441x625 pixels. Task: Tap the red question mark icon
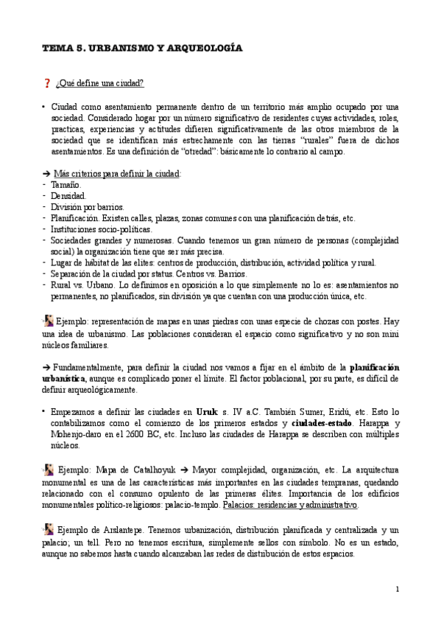47,83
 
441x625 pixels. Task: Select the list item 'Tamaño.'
66,185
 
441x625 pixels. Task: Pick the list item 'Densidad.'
68,196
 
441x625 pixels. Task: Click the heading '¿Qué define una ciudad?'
99,83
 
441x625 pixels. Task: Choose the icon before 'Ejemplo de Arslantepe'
48,529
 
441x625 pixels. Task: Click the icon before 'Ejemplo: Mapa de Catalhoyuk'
48,469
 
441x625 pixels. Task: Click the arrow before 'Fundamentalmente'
46,367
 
